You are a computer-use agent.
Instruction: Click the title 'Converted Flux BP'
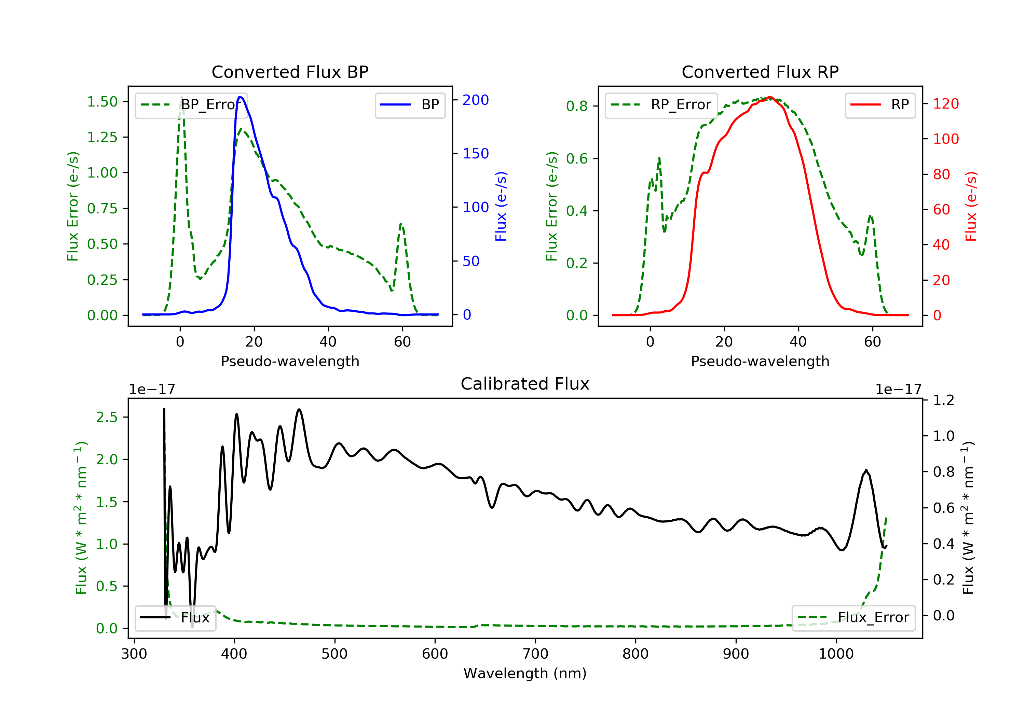290,72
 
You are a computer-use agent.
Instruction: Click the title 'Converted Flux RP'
760,72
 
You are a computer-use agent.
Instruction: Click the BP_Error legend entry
191,105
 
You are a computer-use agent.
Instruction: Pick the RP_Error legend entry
661,105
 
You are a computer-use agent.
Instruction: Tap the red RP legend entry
880,105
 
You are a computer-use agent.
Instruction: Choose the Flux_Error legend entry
853,618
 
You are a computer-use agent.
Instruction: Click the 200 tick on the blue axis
476,100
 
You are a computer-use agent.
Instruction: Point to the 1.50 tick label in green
102,102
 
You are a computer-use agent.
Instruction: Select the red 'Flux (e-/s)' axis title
971,206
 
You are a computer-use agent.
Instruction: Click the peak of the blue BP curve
240,97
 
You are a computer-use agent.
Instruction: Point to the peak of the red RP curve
770,97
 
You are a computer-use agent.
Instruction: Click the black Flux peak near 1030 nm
866,470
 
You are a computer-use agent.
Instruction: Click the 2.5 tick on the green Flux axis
107,417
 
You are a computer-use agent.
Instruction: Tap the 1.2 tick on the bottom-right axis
944,400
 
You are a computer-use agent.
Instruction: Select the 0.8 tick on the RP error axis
577,106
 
